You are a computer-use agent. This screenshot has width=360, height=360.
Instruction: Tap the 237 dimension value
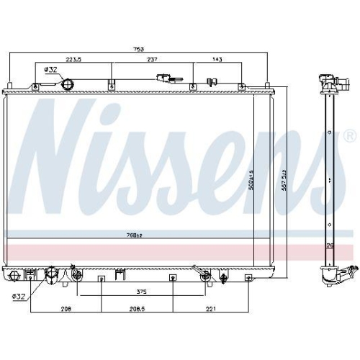(x=152, y=61)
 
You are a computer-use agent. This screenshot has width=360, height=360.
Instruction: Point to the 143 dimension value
(x=215, y=61)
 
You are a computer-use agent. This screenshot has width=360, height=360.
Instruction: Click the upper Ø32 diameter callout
(x=50, y=69)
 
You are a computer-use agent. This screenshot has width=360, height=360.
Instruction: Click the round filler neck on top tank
(x=68, y=85)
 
